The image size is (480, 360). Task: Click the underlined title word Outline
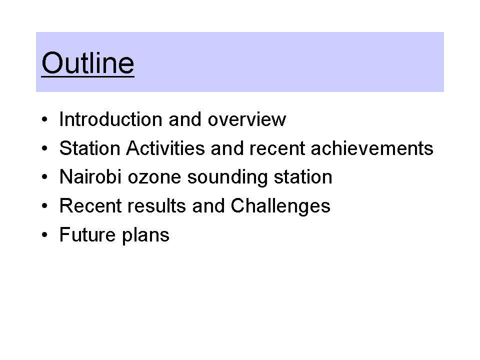click(88, 63)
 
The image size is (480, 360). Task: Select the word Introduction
click(111, 119)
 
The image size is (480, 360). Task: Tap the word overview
click(247, 119)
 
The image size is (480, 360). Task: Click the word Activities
click(165, 148)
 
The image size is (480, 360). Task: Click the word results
click(156, 205)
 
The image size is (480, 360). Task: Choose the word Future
click(87, 234)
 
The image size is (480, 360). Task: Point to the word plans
click(145, 235)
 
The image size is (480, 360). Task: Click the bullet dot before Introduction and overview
click(44, 119)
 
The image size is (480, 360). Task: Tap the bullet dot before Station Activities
click(44, 148)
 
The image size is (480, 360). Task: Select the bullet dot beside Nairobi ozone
click(44, 177)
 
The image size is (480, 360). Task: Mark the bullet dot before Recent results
click(44, 205)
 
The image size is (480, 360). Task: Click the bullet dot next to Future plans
click(44, 235)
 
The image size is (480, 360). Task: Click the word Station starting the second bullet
click(89, 148)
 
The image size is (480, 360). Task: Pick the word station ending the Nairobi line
click(303, 177)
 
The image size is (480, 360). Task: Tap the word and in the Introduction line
click(185, 119)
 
